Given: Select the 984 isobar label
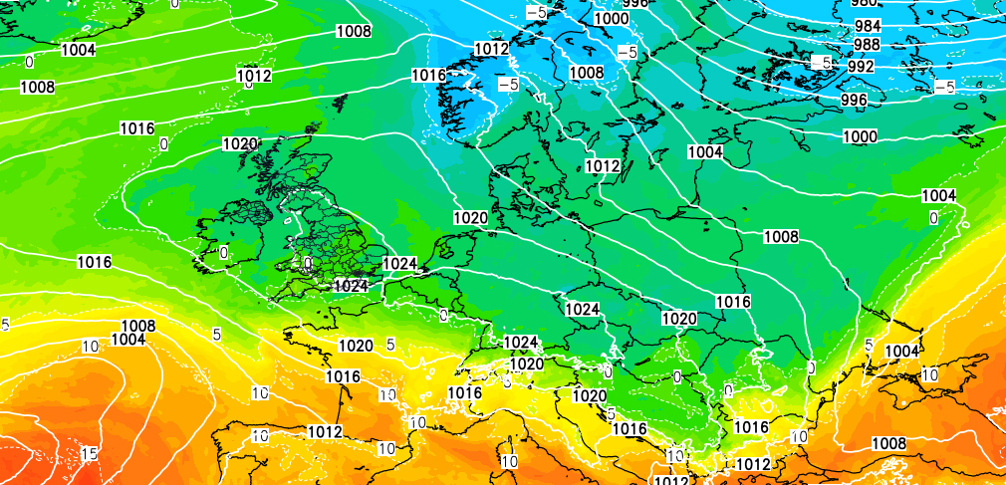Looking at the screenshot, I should [867, 25].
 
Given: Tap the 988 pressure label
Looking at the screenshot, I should [867, 45].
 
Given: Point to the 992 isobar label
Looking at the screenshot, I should [861, 66].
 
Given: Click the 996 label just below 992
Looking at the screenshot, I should [854, 100].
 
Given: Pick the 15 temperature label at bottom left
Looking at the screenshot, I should [89, 454].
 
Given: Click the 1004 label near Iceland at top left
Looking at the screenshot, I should [78, 50].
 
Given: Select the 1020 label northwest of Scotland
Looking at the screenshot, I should [240, 143].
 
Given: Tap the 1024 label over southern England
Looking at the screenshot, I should [352, 285].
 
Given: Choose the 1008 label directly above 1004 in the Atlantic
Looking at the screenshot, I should [137, 326].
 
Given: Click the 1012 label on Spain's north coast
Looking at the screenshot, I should [325, 431].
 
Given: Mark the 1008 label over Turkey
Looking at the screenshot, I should [888, 443].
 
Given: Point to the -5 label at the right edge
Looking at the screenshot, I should [944, 88].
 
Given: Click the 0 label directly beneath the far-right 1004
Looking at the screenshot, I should [933, 217].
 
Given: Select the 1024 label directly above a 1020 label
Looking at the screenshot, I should [521, 342].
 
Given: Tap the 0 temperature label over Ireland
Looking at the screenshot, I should [223, 252].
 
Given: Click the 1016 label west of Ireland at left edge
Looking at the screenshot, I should [94, 262].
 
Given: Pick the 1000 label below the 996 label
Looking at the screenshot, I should [860, 135].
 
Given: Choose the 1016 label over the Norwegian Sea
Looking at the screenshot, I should [428, 75].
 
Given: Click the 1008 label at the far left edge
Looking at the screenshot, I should [37, 87].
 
